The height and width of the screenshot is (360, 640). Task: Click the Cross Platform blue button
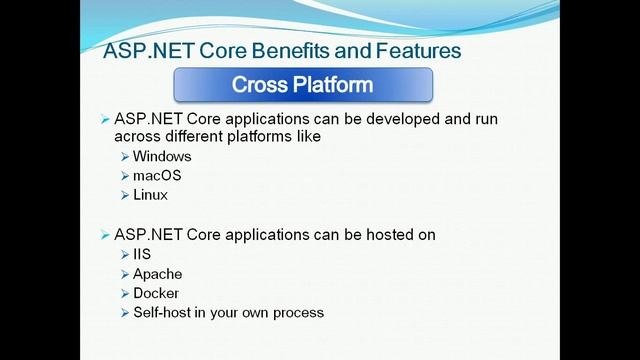pos(303,85)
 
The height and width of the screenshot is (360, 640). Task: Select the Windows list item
pos(162,157)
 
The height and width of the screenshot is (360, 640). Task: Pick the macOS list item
pos(157,176)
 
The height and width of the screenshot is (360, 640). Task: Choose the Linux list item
pos(150,195)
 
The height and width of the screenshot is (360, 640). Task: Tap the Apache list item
pos(157,274)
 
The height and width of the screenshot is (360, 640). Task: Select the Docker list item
pos(156,293)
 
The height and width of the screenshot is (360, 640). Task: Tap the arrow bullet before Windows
pos(124,157)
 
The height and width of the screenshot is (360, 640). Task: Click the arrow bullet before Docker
pos(124,293)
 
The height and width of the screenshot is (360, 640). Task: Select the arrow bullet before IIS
pos(124,255)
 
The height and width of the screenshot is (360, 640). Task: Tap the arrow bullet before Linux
pos(124,195)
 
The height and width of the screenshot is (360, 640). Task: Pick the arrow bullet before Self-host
pos(124,312)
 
